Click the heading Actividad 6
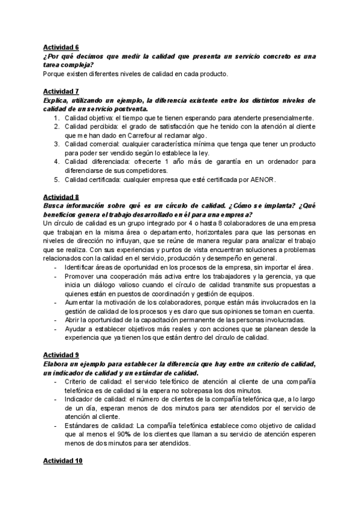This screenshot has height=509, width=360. click(61, 46)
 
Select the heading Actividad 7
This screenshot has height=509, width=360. click(61, 91)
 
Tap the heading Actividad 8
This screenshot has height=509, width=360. click(61, 197)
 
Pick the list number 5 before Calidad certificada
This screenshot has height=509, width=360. click(56, 179)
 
